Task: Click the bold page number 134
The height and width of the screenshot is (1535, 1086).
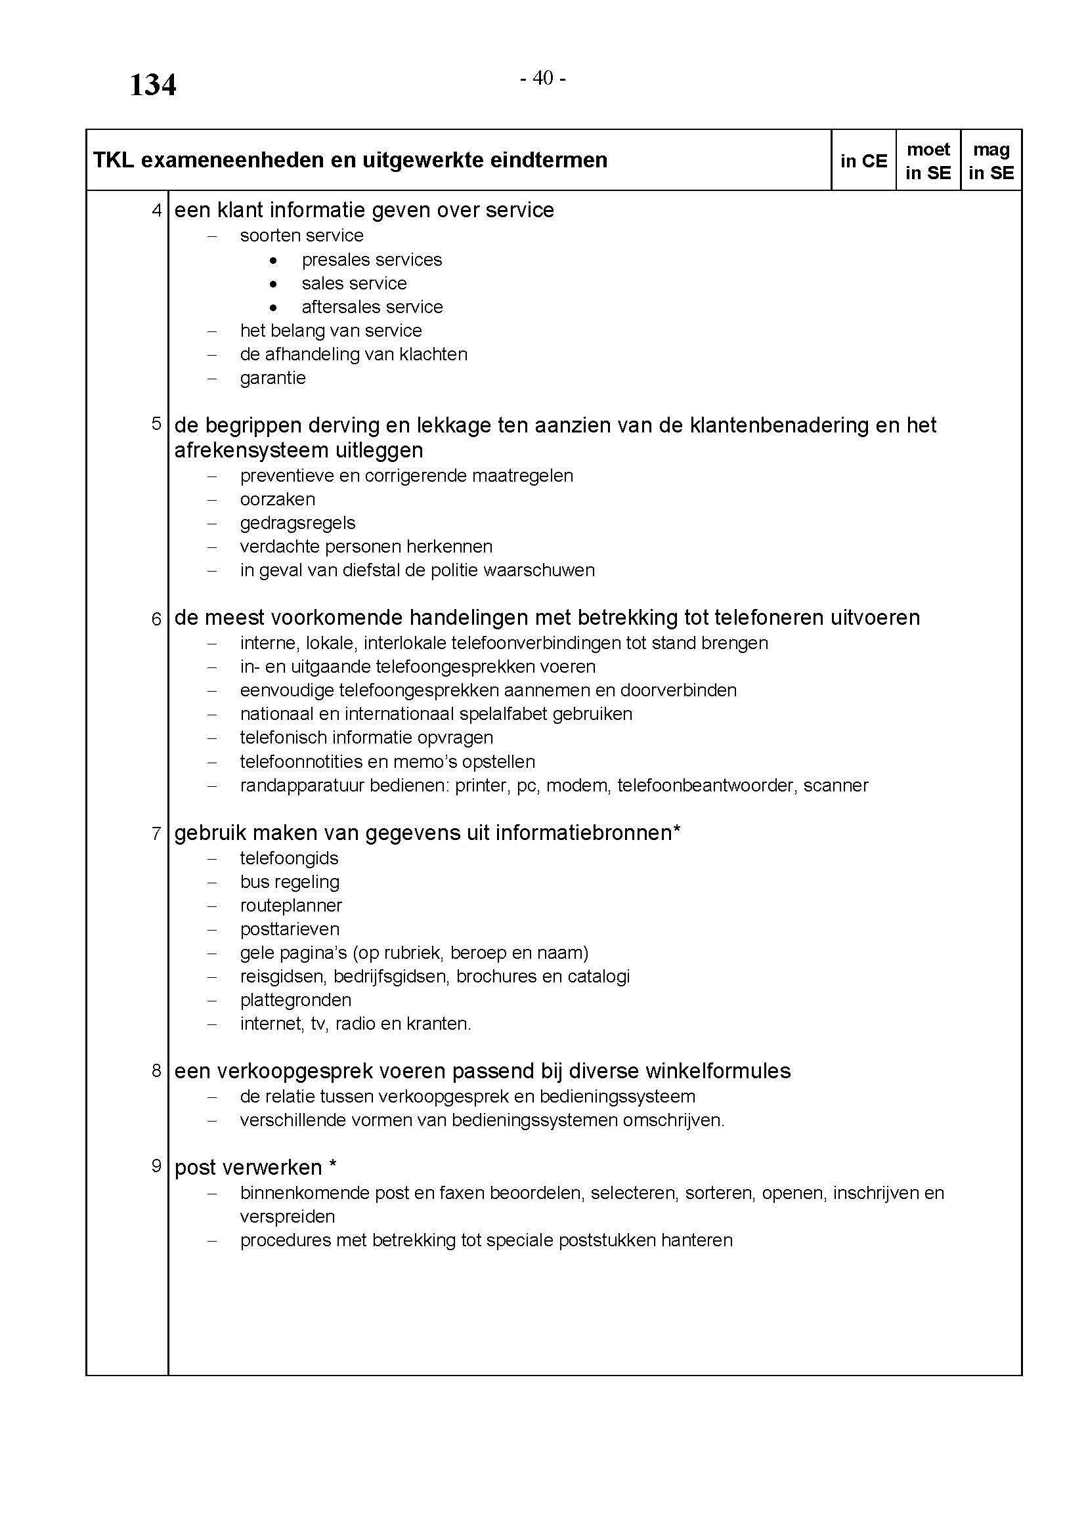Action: (x=152, y=85)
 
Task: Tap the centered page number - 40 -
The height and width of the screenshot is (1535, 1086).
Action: (x=543, y=79)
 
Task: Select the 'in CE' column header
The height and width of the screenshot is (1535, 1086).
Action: (x=863, y=161)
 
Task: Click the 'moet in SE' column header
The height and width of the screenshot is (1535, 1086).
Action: (x=928, y=161)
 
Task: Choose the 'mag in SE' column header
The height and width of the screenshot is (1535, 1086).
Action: (x=991, y=161)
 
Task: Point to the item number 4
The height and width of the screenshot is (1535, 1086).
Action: (x=156, y=211)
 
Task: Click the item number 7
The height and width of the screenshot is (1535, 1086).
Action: (x=156, y=833)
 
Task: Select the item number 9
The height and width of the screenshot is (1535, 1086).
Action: (x=156, y=1166)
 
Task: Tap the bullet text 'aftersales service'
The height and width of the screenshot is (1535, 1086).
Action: (x=372, y=307)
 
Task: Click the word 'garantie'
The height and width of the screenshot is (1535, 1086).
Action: (x=273, y=378)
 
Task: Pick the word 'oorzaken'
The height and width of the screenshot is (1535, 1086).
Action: (x=278, y=499)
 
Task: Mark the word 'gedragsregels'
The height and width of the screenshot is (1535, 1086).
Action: (x=297, y=523)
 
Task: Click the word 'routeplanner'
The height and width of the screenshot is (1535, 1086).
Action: (x=291, y=905)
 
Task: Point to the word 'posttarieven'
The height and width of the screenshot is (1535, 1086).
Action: (x=290, y=929)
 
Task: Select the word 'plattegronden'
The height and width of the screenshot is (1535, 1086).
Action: (x=295, y=1000)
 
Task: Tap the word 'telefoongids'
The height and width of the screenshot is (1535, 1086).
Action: (x=289, y=858)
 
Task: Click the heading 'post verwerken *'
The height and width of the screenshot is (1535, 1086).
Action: (x=255, y=1167)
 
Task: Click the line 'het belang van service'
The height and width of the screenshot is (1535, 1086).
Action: (x=331, y=331)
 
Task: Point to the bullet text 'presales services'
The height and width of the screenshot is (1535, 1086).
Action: (x=372, y=259)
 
